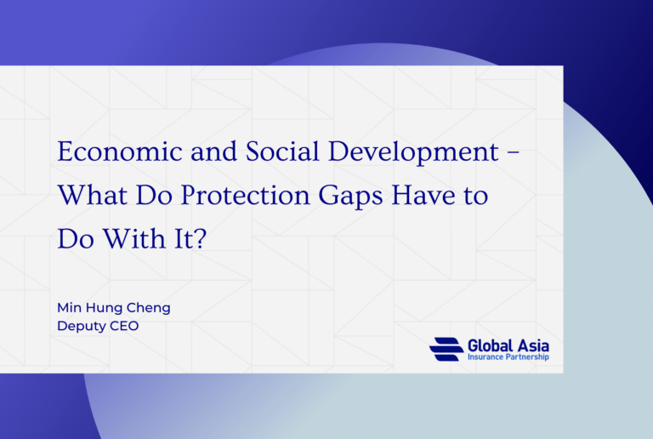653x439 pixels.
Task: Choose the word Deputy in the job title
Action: point(81,325)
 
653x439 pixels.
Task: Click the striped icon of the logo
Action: point(446,349)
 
